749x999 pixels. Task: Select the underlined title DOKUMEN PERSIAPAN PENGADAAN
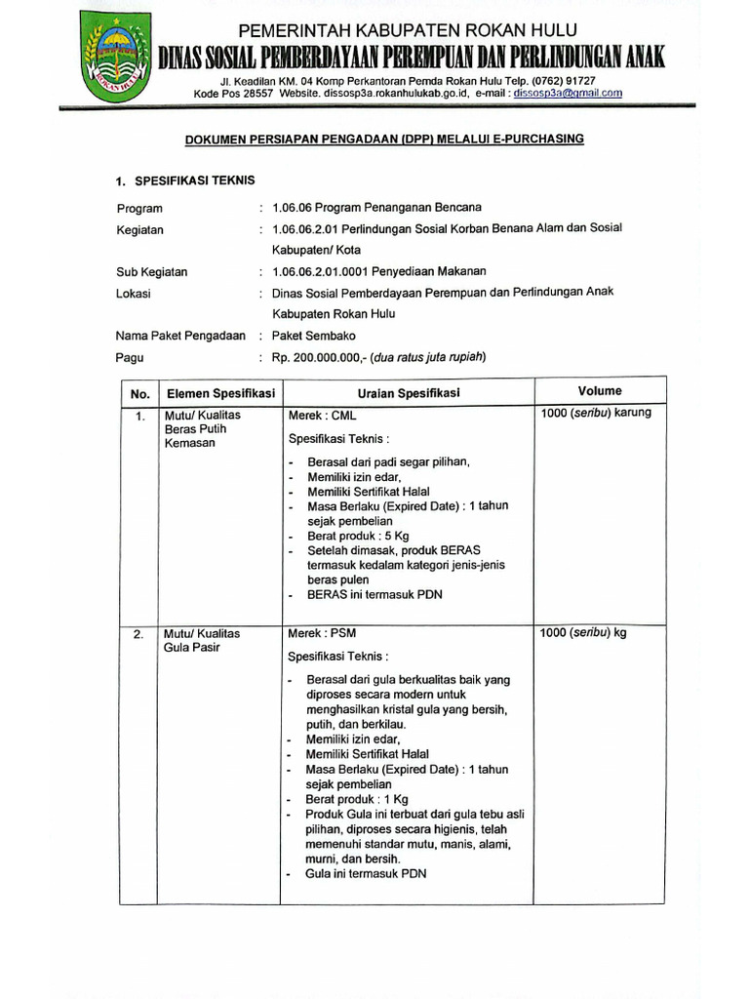[x=384, y=140]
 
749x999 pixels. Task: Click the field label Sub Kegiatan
[x=151, y=272]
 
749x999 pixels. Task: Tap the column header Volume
[x=599, y=391]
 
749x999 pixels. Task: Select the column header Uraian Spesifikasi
[x=409, y=392]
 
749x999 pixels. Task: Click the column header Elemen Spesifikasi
[x=220, y=393]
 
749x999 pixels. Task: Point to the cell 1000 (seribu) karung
[x=596, y=413]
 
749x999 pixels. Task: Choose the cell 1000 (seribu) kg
[x=583, y=633]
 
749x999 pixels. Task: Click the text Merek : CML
[x=323, y=416]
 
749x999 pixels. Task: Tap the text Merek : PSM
[x=323, y=633]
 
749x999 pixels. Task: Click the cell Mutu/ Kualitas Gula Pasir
[x=202, y=641]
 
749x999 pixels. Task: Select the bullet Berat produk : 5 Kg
[x=357, y=536]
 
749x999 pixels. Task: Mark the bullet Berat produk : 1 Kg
[x=357, y=799]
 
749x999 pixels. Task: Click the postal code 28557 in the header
[x=256, y=94]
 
